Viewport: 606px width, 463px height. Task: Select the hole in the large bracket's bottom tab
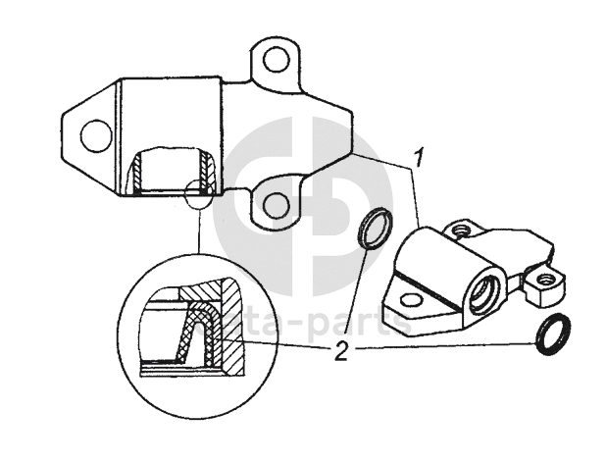[x=278, y=204]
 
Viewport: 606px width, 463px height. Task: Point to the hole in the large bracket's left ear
[x=96, y=134]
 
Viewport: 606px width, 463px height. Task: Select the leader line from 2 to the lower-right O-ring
[x=441, y=346]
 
